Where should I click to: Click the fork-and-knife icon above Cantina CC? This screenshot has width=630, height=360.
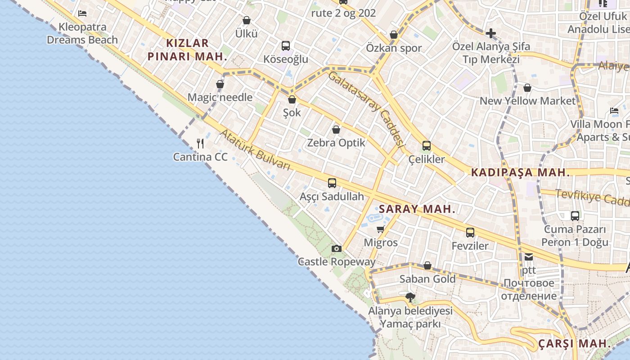click(200, 144)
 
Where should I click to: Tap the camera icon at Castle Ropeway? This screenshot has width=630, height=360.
click(336, 248)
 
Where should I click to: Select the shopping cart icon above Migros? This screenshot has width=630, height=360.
click(381, 229)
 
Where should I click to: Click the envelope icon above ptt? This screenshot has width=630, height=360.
click(529, 257)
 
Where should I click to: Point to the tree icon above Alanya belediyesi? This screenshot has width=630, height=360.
click(410, 297)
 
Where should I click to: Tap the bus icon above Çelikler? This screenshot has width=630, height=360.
click(426, 146)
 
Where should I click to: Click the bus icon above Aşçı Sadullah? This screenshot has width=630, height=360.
click(332, 183)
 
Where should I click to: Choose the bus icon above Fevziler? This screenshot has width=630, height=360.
click(470, 233)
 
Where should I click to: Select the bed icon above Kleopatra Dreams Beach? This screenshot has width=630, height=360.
click(82, 13)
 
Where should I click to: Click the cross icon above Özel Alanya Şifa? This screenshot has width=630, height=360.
click(490, 33)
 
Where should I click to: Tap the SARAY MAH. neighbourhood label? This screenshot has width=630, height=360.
click(417, 209)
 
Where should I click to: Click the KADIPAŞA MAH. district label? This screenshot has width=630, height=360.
click(520, 172)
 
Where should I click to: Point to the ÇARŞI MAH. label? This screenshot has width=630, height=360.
click(575, 344)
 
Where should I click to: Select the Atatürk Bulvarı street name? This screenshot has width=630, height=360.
click(255, 150)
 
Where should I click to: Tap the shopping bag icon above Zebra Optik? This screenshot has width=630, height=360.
click(336, 130)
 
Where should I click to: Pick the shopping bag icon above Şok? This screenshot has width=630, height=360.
click(292, 99)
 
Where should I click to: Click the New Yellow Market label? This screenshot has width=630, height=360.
click(527, 101)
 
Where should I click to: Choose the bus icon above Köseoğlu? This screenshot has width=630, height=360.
click(286, 46)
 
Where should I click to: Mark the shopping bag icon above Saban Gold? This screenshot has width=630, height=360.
click(427, 266)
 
